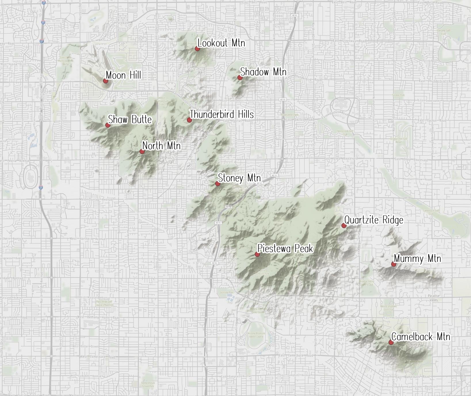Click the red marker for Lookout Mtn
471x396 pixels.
point(197,49)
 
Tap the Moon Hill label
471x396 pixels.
point(123,75)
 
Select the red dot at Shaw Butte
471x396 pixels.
point(108,125)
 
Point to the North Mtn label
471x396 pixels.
point(161,146)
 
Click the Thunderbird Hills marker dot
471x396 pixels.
point(189,120)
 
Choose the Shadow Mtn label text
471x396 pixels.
point(263,72)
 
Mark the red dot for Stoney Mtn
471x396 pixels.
point(218,184)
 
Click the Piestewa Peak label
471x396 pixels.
point(285,248)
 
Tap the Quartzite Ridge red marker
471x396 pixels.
point(344,225)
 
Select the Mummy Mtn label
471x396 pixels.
point(417,258)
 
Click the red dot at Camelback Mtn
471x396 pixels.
point(391,342)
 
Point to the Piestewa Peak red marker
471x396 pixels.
point(257,254)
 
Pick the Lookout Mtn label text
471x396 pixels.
point(221,43)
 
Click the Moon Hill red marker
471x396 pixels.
point(106,81)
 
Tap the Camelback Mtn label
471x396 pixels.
point(421,337)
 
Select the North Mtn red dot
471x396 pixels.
point(142,151)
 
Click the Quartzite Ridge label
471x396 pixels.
point(374,220)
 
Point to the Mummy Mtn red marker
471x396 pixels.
point(394,264)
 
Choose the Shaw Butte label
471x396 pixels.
point(130,119)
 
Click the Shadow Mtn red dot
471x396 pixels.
point(240,77)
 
